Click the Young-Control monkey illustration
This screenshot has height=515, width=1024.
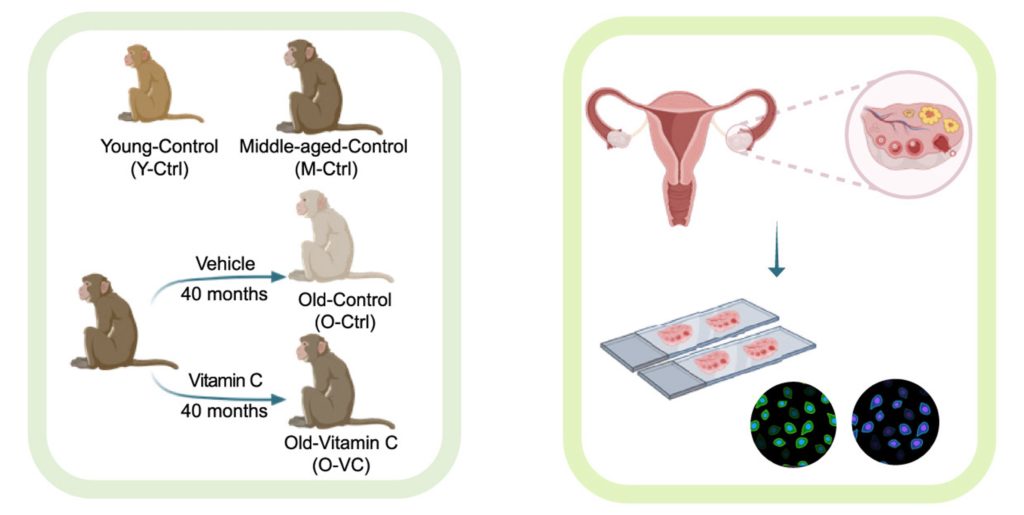coord(161,84)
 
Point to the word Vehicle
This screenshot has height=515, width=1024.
coord(225,264)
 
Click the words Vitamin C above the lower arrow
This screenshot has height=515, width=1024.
coord(225,380)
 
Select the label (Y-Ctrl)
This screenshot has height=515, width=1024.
coord(159,169)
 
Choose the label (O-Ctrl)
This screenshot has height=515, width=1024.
coord(344,322)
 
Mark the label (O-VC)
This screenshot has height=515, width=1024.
coord(341,466)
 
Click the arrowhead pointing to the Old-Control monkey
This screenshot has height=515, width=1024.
coord(279,277)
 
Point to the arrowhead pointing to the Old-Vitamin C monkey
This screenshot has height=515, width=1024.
coord(279,399)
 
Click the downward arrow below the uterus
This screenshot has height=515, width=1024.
coord(776,249)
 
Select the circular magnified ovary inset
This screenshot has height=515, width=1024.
coord(908,133)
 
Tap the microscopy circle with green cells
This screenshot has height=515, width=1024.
coord(794,424)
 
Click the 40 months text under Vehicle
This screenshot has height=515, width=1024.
coord(224,294)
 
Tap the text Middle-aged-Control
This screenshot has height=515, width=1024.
coord(323,146)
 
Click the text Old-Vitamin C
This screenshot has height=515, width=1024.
coord(341,443)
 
